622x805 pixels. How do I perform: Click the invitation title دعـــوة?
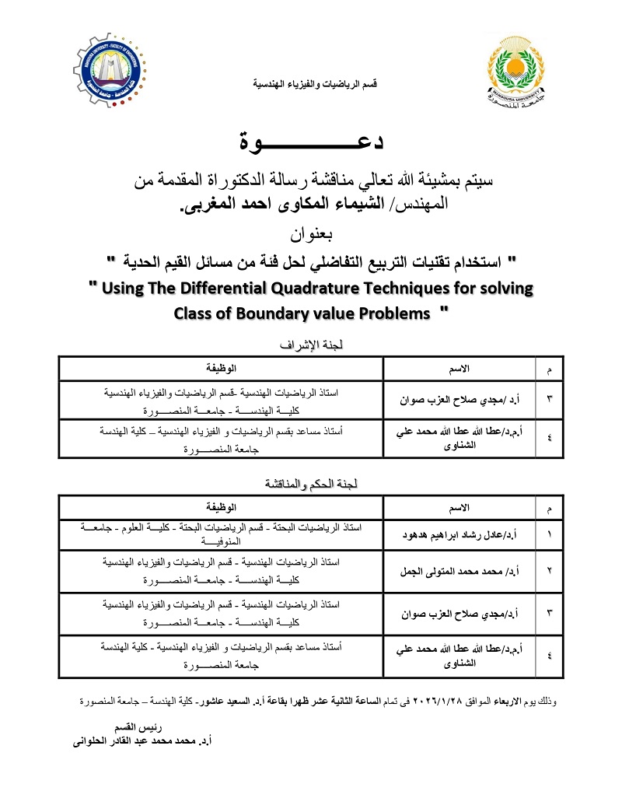click(x=311, y=142)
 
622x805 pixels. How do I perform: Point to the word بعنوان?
click(x=311, y=233)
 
